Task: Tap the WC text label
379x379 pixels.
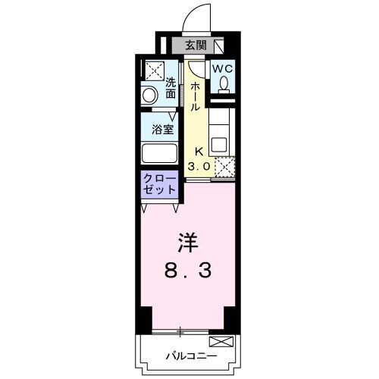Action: coord(223,67)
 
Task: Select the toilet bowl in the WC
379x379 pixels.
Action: coord(223,84)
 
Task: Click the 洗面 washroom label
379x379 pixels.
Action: coord(171,88)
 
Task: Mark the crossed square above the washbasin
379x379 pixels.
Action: coord(152,70)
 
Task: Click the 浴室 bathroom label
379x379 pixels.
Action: coord(163,129)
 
